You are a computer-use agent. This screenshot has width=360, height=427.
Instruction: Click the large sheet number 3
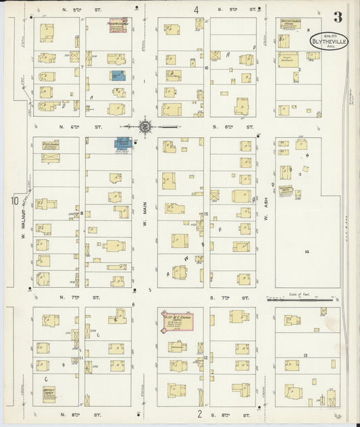[x=336, y=17]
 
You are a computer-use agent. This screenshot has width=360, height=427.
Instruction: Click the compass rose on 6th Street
[x=145, y=126]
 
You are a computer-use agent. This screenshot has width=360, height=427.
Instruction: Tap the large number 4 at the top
[x=197, y=9]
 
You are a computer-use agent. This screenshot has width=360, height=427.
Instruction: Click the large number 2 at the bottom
[x=200, y=414]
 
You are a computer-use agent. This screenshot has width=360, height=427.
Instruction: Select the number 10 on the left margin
[x=14, y=201]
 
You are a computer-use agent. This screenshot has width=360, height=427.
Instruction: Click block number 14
[x=306, y=251]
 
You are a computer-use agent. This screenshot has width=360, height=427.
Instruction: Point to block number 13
[x=305, y=355]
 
